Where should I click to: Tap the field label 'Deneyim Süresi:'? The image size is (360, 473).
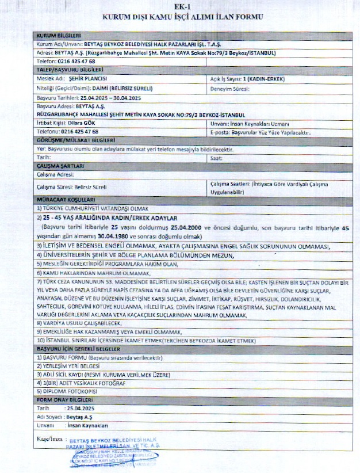229,89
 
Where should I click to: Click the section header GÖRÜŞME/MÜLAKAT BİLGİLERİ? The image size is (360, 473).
75,140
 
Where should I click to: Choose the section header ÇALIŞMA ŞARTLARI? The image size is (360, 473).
61,166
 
